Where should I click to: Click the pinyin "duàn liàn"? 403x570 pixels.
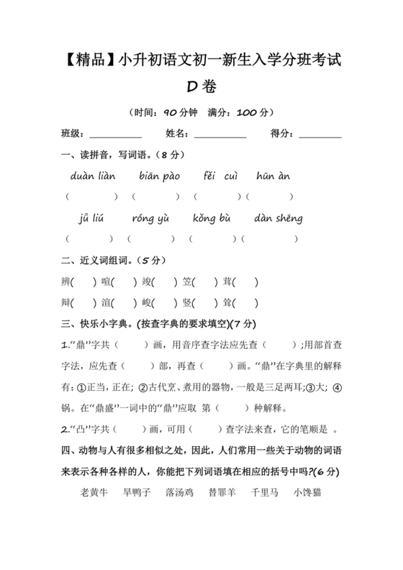point(93,176)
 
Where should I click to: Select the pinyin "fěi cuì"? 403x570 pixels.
point(219,176)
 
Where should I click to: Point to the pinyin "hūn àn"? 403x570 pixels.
point(273,176)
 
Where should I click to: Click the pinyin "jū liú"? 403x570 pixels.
point(92,218)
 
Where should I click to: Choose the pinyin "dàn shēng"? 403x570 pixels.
point(279,218)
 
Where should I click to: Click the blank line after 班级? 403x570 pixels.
point(115,135)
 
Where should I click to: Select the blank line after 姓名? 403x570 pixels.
point(220,135)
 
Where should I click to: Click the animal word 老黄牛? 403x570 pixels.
point(94,494)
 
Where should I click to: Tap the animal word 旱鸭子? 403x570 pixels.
point(137,494)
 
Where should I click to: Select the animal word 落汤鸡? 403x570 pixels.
point(179,494)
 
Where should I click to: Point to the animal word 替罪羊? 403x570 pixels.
point(222,494)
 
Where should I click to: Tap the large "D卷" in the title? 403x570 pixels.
point(201,87)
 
